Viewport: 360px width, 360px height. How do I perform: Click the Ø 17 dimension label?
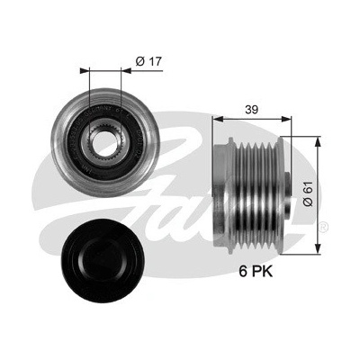click(148, 61)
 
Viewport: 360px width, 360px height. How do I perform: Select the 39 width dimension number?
click(251, 110)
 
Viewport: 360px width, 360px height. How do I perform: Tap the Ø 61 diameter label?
click(308, 193)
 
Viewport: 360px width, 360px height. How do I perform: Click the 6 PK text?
click(256, 272)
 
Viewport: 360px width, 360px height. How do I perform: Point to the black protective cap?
click(103, 261)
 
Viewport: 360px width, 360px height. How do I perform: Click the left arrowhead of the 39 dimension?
click(218, 120)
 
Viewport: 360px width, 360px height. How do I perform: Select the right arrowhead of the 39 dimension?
click(286, 120)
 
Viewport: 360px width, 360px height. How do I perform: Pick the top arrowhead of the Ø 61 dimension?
click(317, 142)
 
